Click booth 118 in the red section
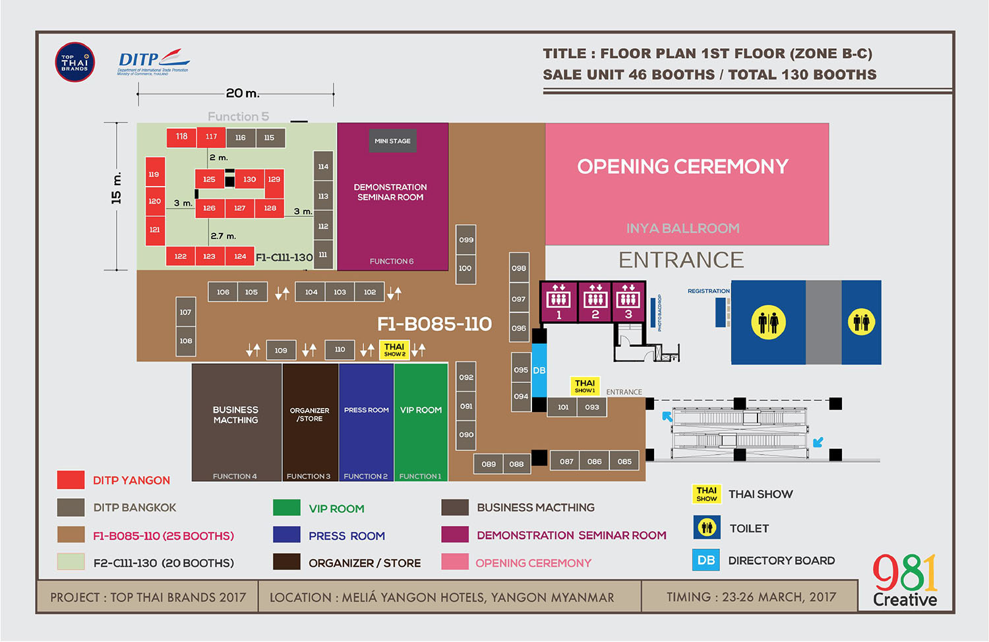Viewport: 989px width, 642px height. click(x=181, y=137)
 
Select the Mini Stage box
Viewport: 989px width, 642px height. click(x=392, y=141)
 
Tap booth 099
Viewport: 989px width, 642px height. click(x=466, y=240)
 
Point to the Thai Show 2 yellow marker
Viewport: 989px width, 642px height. click(x=394, y=349)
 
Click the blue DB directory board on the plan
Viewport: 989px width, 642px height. click(x=539, y=370)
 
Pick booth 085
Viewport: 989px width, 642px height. click(x=624, y=461)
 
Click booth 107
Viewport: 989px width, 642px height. click(x=185, y=312)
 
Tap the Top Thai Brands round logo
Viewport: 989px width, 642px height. click(x=75, y=63)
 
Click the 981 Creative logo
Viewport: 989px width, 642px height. click(x=905, y=580)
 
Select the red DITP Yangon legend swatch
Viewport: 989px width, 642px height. click(x=71, y=480)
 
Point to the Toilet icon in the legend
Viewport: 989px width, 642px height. click(x=707, y=527)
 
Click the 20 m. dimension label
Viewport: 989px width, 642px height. click(x=243, y=94)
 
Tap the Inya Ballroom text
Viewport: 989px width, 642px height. click(x=682, y=229)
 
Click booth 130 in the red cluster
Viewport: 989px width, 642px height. click(x=249, y=179)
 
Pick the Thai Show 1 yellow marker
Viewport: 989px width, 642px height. click(x=585, y=386)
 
